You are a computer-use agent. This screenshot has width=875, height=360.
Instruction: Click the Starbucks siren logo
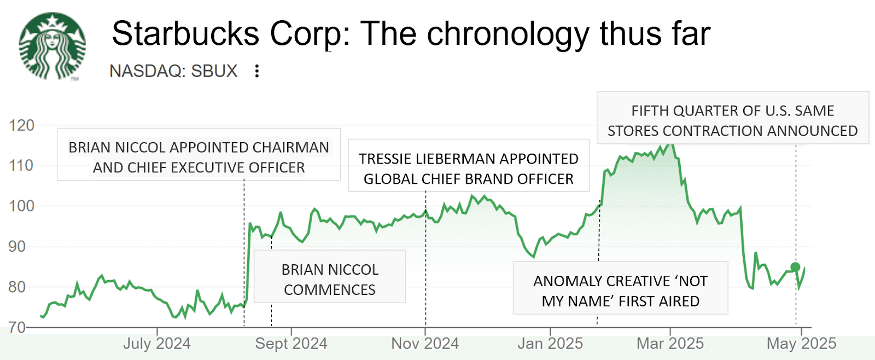(x=52, y=47)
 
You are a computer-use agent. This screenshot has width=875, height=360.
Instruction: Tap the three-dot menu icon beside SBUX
(x=257, y=71)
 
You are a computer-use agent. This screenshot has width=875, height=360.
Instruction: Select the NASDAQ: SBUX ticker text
(x=173, y=71)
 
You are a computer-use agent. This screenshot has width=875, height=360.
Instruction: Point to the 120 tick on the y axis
(x=21, y=125)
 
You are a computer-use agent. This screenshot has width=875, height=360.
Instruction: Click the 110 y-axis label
(x=21, y=165)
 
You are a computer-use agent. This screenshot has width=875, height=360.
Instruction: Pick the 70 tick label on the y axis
(x=17, y=327)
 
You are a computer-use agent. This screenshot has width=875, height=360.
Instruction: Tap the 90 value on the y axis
(x=17, y=246)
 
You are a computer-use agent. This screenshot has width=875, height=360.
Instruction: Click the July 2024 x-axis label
(x=157, y=344)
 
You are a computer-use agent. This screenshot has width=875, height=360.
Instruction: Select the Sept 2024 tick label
(x=291, y=344)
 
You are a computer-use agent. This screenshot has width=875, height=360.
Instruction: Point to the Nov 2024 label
(x=425, y=344)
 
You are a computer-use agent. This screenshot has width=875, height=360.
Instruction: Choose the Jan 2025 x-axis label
(x=550, y=344)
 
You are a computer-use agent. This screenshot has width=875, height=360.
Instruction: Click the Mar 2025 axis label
(x=670, y=344)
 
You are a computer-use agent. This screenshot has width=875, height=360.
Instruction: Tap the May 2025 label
(x=801, y=344)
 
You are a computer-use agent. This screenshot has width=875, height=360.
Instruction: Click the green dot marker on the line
(x=795, y=268)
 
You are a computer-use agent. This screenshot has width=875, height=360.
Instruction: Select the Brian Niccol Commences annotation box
(x=330, y=277)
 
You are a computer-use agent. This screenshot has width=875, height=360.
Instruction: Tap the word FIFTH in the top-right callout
(x=650, y=111)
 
